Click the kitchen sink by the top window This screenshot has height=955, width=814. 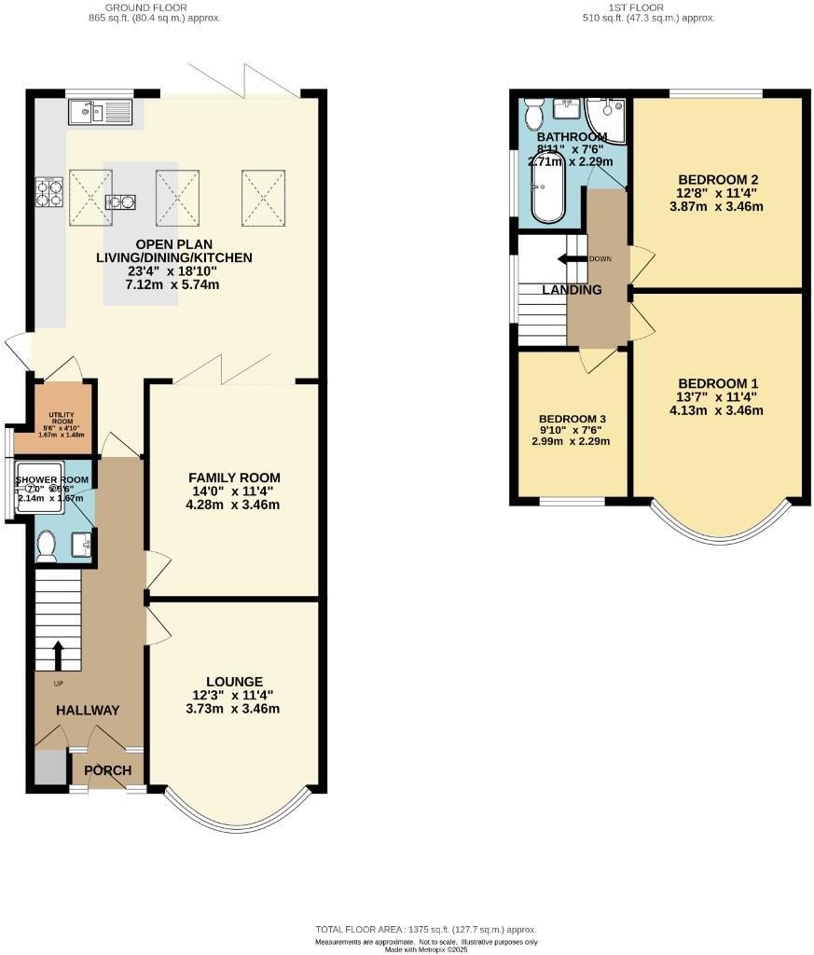point(101,113)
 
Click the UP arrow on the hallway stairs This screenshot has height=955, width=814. point(59,655)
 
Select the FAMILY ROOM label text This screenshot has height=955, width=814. point(233,477)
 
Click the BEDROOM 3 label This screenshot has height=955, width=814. point(573,420)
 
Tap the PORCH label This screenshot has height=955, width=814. point(108,771)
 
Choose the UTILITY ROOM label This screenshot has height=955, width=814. point(62,417)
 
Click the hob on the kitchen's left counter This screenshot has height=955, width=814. point(48,192)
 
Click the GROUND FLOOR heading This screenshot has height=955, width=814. point(155,7)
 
